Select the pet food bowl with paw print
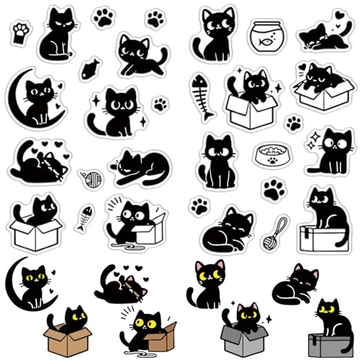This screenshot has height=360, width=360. click(x=269, y=155)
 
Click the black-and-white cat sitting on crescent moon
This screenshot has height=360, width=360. click(x=36, y=97)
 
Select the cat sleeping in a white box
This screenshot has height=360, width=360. click(x=318, y=86)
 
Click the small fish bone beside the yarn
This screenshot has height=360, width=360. click(x=85, y=215)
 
